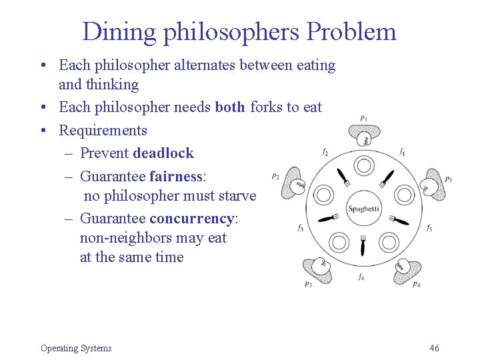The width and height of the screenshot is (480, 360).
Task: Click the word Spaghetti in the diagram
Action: tap(363, 209)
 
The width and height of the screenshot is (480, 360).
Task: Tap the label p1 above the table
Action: tap(363, 119)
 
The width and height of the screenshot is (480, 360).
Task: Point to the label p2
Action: tap(276, 176)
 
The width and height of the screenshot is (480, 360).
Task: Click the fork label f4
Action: tap(361, 275)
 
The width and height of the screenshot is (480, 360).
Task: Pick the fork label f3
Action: tap(300, 228)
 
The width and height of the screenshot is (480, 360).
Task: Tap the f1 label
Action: tap(402, 153)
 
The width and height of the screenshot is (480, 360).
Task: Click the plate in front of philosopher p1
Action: tap(364, 165)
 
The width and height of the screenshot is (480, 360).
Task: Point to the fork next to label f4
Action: tap(363, 247)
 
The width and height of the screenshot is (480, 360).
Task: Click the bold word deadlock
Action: tap(163, 153)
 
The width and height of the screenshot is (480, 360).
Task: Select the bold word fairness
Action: tap(175, 177)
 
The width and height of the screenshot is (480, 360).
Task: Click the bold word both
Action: tap(231, 107)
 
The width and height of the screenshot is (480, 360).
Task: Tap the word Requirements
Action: tap(103, 130)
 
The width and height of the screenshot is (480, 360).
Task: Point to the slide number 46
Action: tap(435, 348)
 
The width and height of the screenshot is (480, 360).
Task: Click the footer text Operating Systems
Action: tap(76, 348)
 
